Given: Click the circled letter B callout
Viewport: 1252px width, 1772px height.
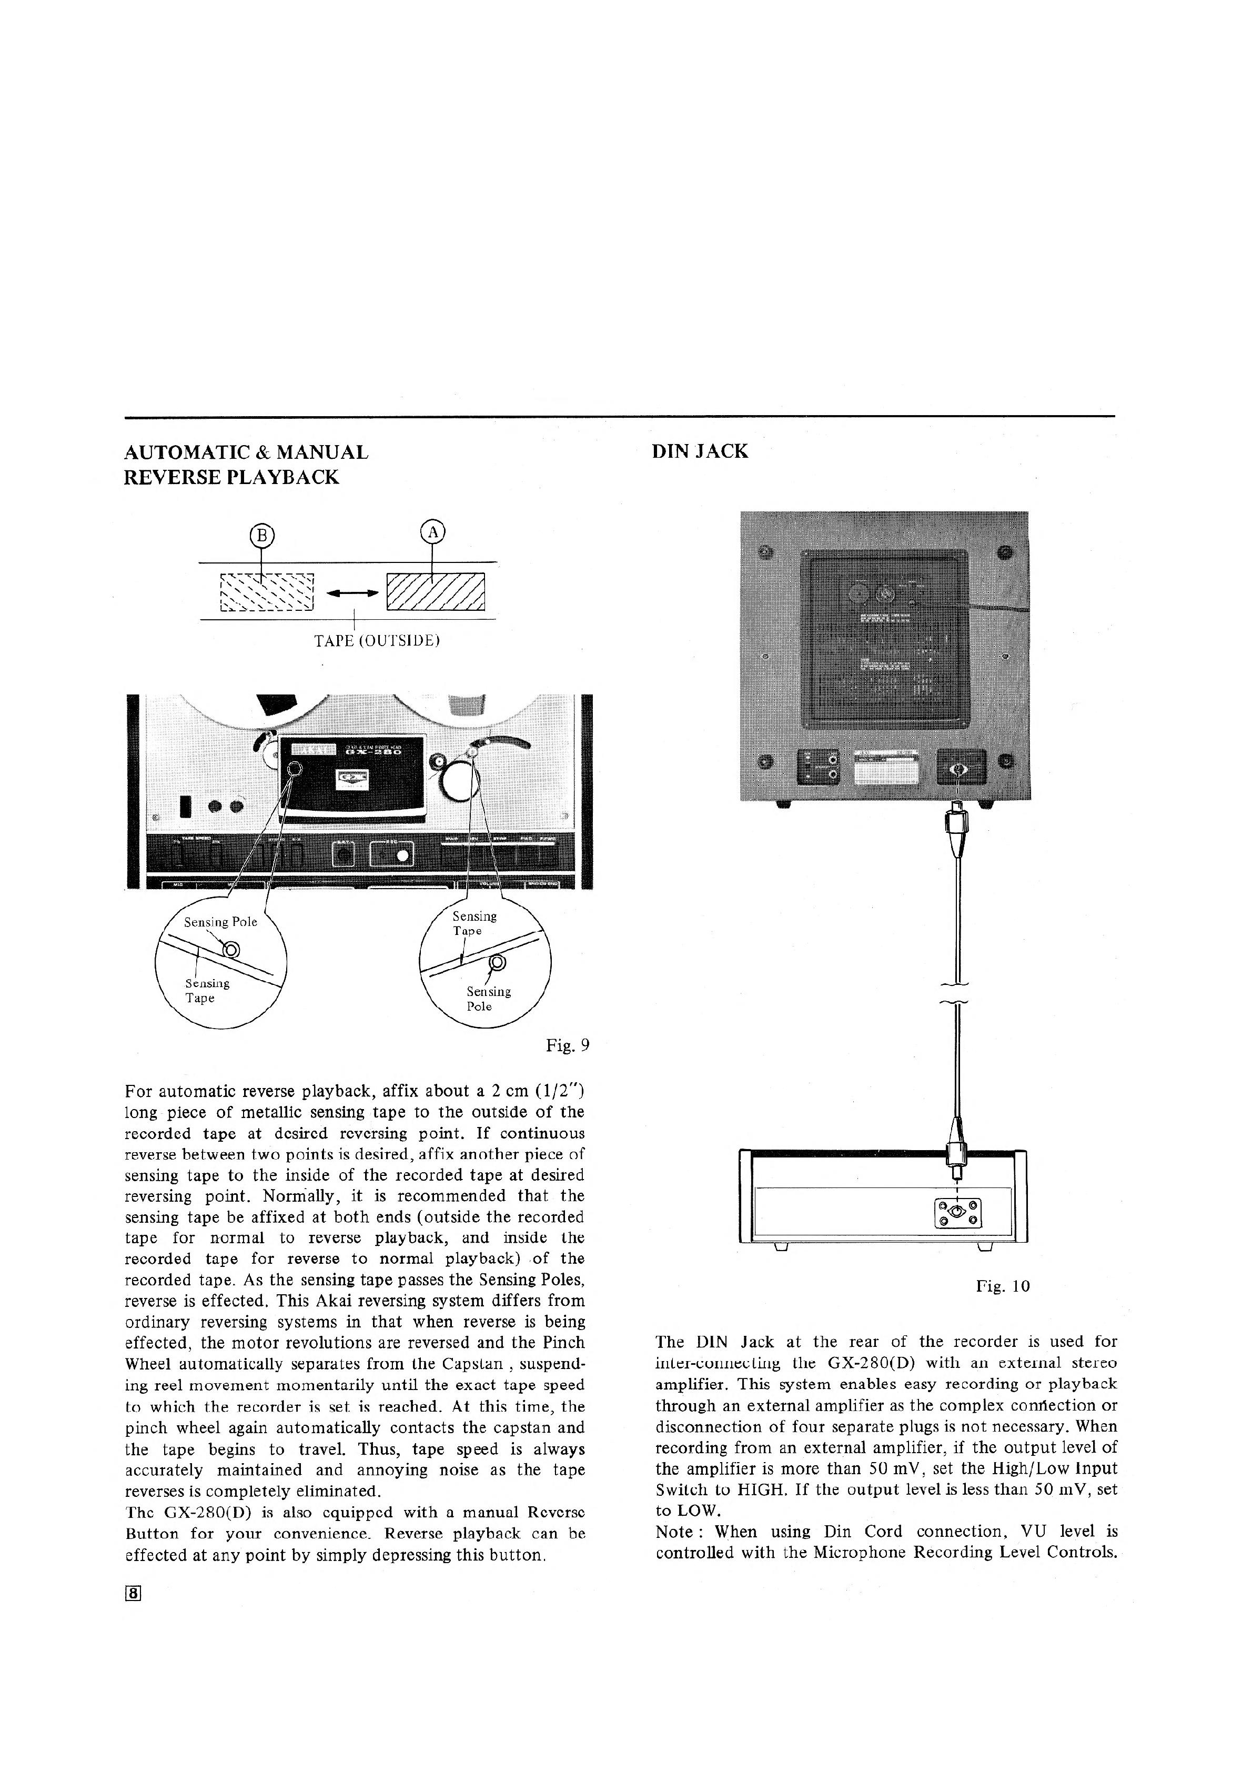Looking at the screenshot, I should point(262,534).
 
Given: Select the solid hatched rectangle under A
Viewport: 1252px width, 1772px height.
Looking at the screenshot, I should point(436,592).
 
